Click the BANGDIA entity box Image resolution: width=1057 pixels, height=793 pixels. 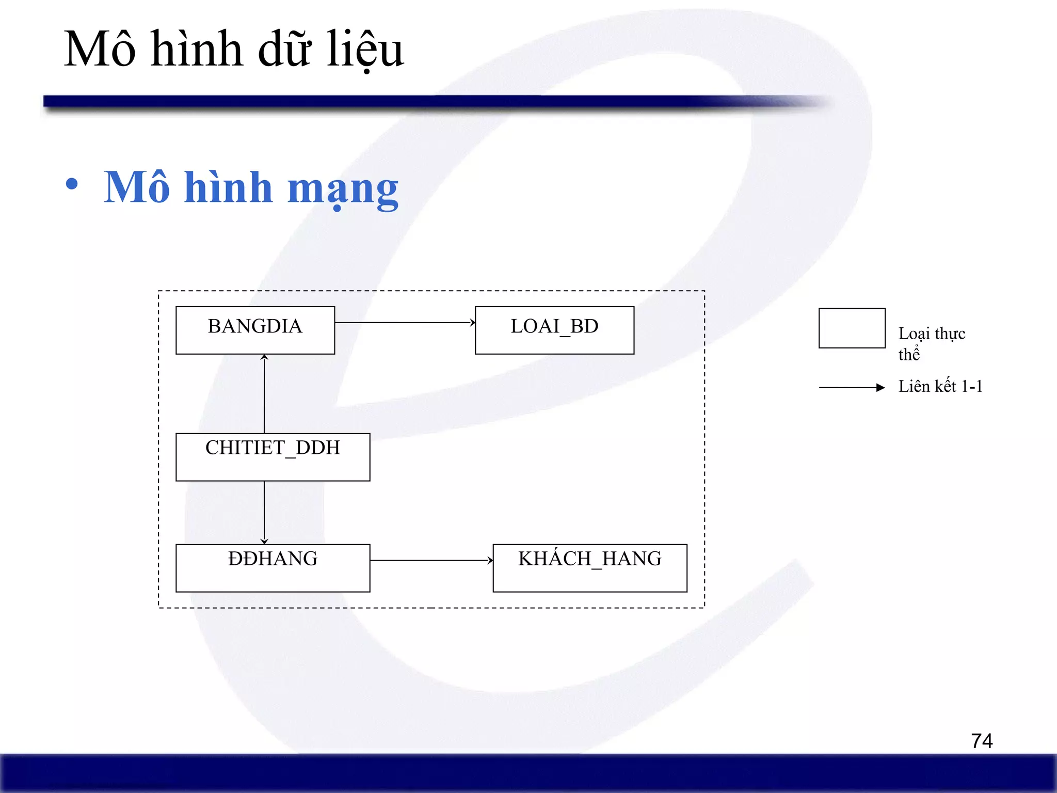pyautogui.click(x=255, y=330)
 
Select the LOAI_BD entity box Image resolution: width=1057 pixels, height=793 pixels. pyautogui.click(x=554, y=330)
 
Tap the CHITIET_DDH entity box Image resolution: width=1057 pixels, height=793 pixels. pyautogui.click(x=273, y=457)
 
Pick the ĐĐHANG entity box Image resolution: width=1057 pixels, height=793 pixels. pyautogui.click(x=273, y=568)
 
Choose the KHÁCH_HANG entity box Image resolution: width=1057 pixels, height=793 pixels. pyautogui.click(x=590, y=568)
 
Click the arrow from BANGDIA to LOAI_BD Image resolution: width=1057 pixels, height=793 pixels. pyautogui.click(x=405, y=323)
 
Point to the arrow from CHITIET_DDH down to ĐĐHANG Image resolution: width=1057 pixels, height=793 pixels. pyautogui.click(x=264, y=512)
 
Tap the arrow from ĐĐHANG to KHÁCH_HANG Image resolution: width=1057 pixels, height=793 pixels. pyautogui.click(x=431, y=560)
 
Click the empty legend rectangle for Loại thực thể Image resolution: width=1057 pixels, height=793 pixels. pyautogui.click(x=852, y=328)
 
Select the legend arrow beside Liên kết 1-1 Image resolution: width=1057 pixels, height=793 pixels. pyautogui.click(x=852, y=387)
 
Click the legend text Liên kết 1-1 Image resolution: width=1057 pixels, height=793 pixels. pyautogui.click(x=940, y=386)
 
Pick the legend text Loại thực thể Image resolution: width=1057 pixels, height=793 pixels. pyautogui.click(x=931, y=343)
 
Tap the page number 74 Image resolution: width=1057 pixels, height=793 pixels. pyautogui.click(x=982, y=741)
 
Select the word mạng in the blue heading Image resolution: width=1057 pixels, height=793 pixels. pyautogui.click(x=343, y=189)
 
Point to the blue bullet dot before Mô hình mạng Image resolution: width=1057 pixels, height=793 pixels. pyautogui.click(x=72, y=184)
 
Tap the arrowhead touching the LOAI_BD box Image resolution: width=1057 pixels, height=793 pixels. pyautogui.click(x=472, y=323)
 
